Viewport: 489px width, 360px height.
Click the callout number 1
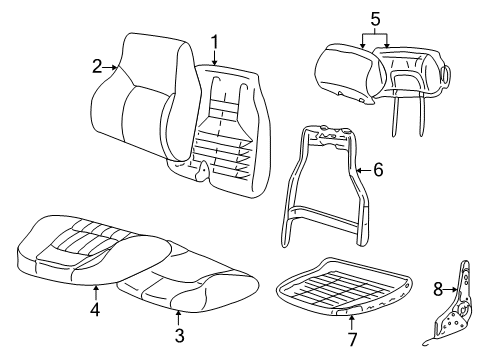pos(214,42)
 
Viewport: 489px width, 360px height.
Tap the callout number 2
pos(97,67)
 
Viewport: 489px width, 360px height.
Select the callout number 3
pos(179,333)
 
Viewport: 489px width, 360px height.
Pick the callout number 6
pos(377,171)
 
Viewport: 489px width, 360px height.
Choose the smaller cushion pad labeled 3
pos(180,285)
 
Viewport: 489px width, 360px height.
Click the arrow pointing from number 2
pos(112,67)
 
